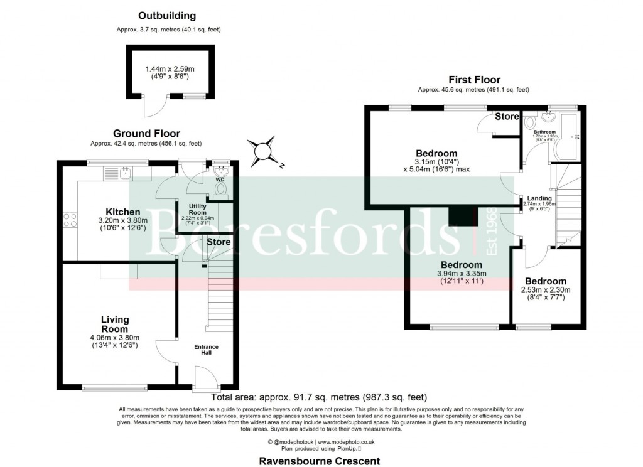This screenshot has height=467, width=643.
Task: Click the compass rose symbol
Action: click(x=262, y=151)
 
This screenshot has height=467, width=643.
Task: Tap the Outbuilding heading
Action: click(x=168, y=16)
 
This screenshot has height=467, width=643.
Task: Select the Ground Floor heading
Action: click(x=146, y=133)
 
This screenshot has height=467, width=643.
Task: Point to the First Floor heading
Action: click(x=474, y=80)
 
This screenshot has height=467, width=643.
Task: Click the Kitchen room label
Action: click(x=122, y=212)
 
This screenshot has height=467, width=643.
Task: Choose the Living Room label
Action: click(x=114, y=325)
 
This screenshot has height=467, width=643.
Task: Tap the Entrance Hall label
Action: click(x=207, y=349)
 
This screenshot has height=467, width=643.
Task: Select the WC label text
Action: click(x=220, y=180)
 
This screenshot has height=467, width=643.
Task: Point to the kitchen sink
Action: click(x=127, y=173)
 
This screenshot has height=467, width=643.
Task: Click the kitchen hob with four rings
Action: click(x=70, y=220)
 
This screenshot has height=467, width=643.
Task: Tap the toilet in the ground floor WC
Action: click(x=220, y=191)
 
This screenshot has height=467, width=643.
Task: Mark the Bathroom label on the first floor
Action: click(x=544, y=132)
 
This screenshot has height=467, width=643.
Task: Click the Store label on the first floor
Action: click(x=507, y=117)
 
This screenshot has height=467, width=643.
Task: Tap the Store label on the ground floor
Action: click(x=218, y=242)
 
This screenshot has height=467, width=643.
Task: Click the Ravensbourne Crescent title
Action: click(x=320, y=461)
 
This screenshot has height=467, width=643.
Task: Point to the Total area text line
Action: click(x=319, y=397)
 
